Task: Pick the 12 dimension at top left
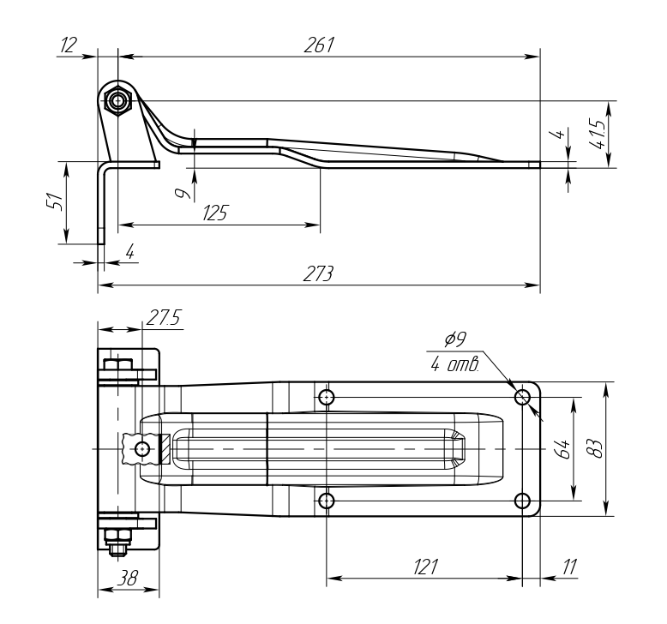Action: (68, 45)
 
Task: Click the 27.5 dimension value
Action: (163, 317)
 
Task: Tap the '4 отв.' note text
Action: (454, 366)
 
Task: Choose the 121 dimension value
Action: (425, 566)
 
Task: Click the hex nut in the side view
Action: (118, 101)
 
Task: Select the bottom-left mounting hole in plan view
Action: (326, 500)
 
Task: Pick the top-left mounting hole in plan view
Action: (326, 397)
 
